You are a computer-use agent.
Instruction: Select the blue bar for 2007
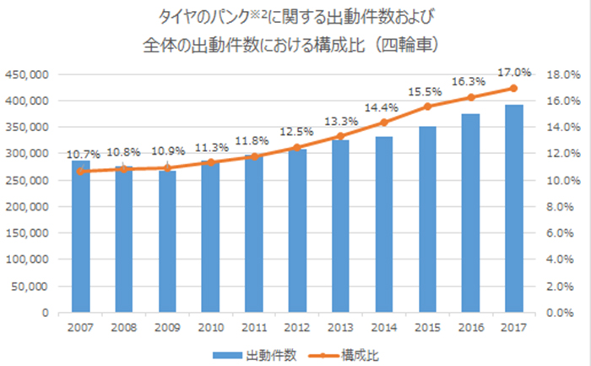tap(80, 237)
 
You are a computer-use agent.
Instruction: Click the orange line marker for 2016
tap(471, 97)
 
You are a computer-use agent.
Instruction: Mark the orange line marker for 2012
tap(297, 147)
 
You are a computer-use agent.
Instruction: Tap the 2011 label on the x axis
tap(254, 326)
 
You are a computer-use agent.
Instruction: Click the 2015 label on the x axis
tap(427, 326)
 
